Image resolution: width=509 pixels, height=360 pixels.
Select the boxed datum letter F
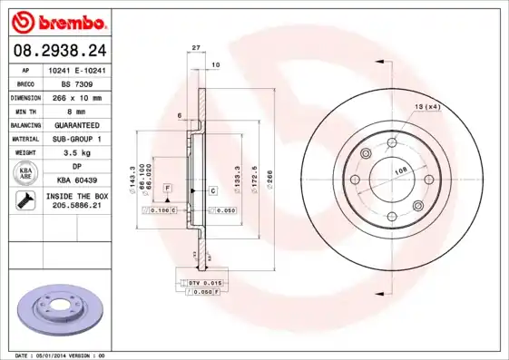[168, 187]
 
